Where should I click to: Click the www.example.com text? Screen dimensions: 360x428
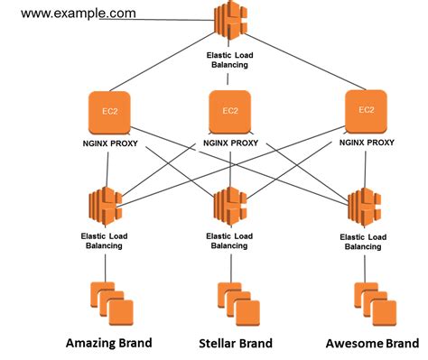coord(79,14)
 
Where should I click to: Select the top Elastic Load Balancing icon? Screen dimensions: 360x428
coord(229,23)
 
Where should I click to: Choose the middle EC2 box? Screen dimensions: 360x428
coord(231,112)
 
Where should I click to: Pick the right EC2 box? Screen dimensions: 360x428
coord(366,109)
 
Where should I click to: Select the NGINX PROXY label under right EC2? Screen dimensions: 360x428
coord(366,141)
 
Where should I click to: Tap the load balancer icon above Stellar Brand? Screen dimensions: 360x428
coord(230,208)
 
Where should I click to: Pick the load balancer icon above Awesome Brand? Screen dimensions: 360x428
coord(366,207)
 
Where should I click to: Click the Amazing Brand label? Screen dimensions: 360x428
coord(108,343)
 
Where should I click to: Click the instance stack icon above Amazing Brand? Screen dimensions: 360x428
coord(110,300)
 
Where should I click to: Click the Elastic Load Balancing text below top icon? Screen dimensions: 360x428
coord(231,60)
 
